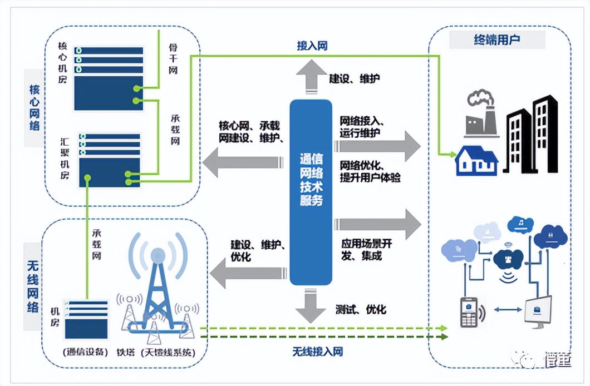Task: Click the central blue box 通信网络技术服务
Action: coord(311,192)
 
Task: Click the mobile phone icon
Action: coord(468,312)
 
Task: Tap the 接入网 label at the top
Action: coord(312,46)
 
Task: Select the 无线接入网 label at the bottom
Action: coord(317,351)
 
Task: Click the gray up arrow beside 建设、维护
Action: coord(311,76)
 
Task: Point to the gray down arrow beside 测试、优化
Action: coord(311,308)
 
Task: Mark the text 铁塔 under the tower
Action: coord(126,352)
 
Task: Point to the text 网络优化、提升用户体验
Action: coord(370,171)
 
